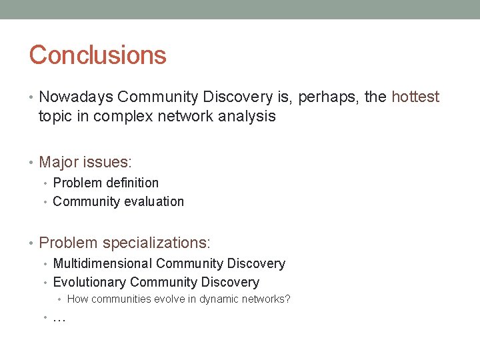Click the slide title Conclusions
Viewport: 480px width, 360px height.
point(97,55)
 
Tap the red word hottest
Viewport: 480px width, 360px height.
point(415,97)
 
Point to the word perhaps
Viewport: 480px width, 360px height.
point(325,97)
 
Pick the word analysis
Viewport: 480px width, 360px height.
point(246,117)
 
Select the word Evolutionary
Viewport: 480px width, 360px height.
point(89,283)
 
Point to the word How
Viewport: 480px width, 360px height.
point(77,299)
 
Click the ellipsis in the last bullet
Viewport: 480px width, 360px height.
point(59,319)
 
